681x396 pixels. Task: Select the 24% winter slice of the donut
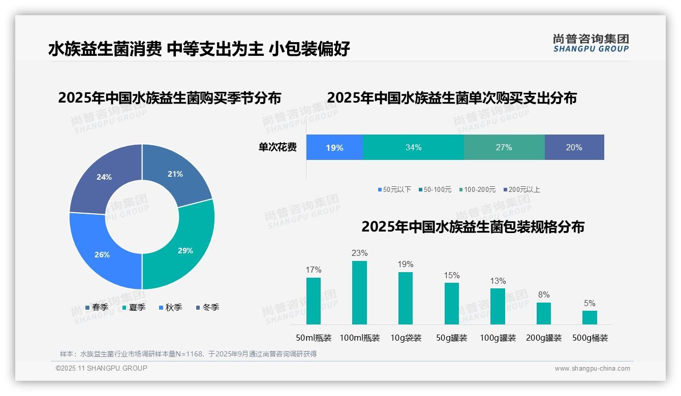click(x=104, y=178)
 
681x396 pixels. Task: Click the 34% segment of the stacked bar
click(x=413, y=147)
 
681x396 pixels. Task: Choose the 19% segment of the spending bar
click(x=334, y=147)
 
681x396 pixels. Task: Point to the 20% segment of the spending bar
click(x=574, y=147)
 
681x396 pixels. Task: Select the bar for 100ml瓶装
click(x=359, y=292)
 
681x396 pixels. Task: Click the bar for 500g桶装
click(x=590, y=317)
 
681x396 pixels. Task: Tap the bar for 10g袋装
click(x=406, y=298)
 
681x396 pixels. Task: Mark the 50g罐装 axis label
click(x=452, y=338)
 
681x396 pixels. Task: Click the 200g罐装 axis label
click(x=544, y=338)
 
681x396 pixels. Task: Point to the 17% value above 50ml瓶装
click(x=314, y=270)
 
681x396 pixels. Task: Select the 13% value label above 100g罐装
click(x=498, y=281)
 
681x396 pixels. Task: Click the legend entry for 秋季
click(x=170, y=307)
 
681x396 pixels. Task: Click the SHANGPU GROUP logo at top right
click(x=591, y=43)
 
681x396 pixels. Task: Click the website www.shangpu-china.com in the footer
click(x=592, y=369)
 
